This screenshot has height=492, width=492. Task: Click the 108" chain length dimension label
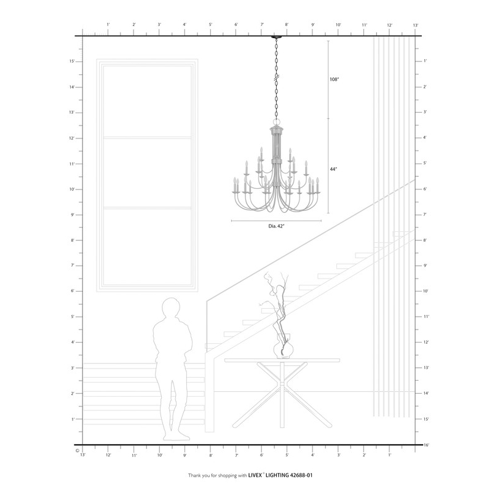[335, 79]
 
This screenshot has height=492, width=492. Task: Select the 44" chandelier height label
[334, 168]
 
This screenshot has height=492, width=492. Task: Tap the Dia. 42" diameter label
[277, 226]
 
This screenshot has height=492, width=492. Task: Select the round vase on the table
[283, 350]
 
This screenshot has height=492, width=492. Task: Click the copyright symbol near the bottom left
[77, 450]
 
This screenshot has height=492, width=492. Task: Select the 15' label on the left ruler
[72, 61]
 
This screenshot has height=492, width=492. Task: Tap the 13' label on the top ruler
[416, 25]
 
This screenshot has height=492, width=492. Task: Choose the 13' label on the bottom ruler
[82, 455]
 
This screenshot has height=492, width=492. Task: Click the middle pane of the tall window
[148, 172]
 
